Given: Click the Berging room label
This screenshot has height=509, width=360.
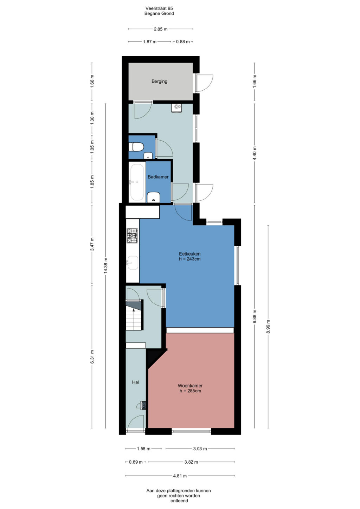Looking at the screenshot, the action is tap(159, 81).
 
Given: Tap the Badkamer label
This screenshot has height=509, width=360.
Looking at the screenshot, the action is tap(158, 177).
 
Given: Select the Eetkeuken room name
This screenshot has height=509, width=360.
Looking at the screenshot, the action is tap(189, 254).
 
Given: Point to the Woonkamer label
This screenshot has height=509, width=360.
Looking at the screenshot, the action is tap(190, 386).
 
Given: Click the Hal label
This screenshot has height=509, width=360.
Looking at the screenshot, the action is tap(135, 382).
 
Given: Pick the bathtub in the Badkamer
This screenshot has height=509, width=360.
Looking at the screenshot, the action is tap(137, 182).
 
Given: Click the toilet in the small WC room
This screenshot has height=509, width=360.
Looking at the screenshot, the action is tap(136, 147).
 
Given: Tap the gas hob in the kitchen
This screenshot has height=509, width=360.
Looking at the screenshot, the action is tap(133, 236).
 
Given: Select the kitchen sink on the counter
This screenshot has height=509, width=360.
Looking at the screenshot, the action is tap(133, 263).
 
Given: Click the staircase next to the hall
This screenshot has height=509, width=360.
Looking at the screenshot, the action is tap(134, 315).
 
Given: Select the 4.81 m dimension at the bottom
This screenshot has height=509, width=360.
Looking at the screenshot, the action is tap(180, 476).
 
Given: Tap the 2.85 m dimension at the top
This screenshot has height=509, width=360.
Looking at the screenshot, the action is tap(161, 29).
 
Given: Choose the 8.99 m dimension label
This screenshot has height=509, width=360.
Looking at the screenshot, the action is tap(268, 327).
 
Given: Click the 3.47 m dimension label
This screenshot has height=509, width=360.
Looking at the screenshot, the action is tap(92, 244).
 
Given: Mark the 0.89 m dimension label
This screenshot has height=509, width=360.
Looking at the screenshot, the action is tap(136, 462).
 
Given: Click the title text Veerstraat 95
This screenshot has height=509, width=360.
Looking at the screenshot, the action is tap(159, 8).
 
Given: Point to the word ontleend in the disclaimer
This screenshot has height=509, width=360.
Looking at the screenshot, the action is tap(179, 501).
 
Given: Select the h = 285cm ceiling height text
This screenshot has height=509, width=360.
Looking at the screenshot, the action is tap(190, 391).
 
